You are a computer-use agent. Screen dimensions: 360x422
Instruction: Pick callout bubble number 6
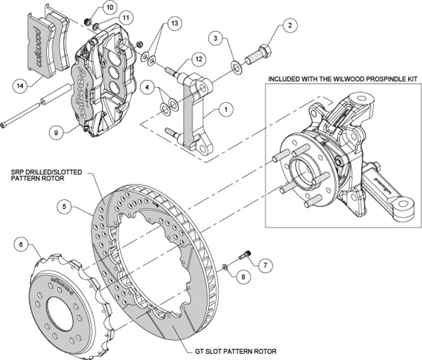click(x=22, y=244)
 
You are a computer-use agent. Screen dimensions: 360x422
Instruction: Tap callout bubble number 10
click(x=109, y=7)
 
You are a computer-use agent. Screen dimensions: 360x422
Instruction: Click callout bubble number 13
click(x=174, y=24)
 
